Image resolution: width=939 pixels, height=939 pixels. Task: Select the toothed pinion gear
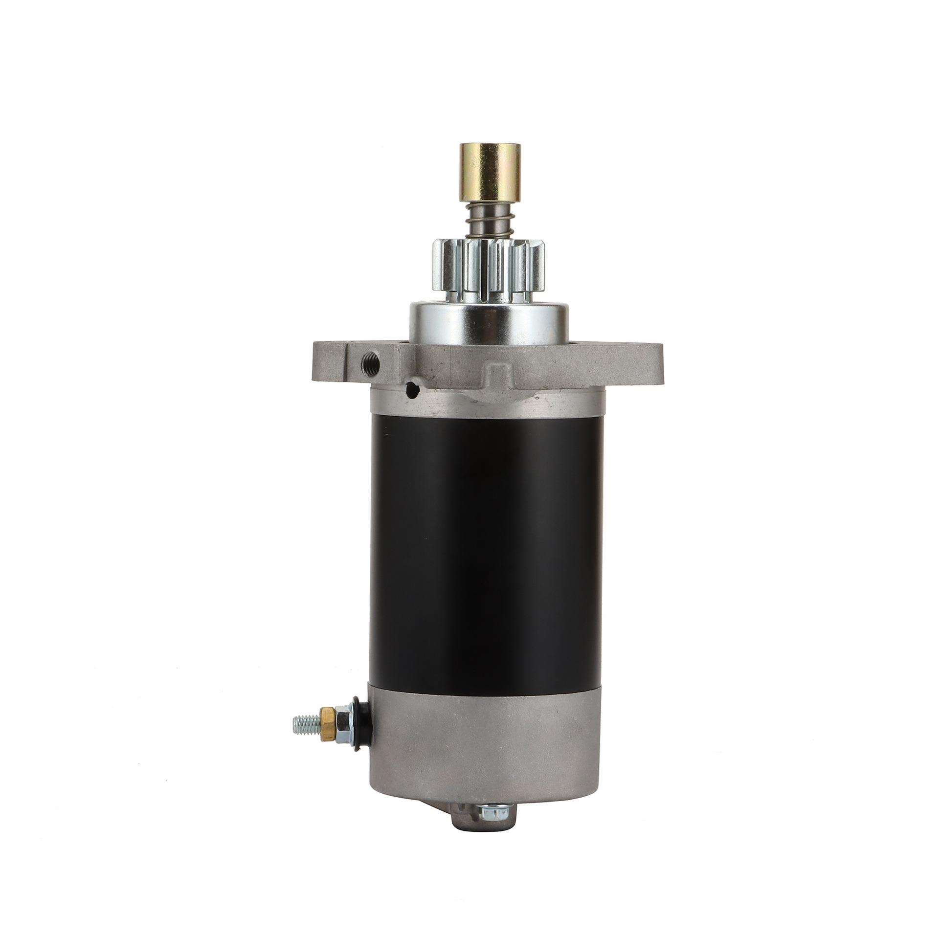pyautogui.click(x=487, y=267)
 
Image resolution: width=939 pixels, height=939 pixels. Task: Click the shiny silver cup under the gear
pyautogui.click(x=487, y=320)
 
